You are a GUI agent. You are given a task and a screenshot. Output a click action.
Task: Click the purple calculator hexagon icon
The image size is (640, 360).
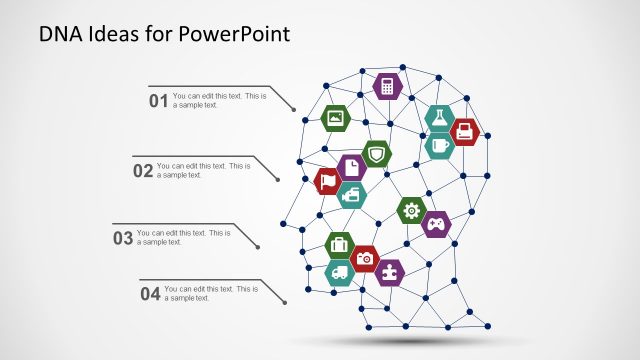coord(387,86)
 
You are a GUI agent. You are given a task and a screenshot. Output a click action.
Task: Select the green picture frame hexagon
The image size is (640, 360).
coord(336,118)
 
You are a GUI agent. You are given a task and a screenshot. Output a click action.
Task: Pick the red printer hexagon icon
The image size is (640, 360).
coord(465,131)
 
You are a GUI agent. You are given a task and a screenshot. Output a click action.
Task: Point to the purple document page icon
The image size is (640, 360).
coord(350,168)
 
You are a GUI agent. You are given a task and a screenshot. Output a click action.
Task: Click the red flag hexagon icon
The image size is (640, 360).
coord(328,182)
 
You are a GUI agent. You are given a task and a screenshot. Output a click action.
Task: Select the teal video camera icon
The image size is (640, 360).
coord(352,195)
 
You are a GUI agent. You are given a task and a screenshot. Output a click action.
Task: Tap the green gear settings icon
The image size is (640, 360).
coord(411,210)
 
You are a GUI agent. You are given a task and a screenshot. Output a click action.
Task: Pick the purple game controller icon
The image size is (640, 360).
coord(436,224)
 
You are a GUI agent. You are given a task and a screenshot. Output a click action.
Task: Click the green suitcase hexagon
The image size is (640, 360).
coord(340,244)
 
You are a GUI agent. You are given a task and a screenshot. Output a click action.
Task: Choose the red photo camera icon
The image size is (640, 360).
coord(365,258)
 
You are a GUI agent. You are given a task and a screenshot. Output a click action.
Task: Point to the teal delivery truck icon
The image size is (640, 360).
coord(340,272)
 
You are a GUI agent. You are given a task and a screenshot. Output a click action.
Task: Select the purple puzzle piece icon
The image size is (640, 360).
coord(390,271)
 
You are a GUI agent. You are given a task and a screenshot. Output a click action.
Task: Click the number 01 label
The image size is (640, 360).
coord(158,101)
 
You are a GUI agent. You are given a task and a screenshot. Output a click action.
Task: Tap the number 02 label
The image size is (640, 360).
coord(143,171)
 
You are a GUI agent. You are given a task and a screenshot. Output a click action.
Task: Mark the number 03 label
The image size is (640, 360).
coord(123,238)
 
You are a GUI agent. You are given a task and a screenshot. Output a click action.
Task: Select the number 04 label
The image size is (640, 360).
coord(150,294)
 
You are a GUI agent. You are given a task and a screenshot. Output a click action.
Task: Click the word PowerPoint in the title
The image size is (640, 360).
coord(237,35)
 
